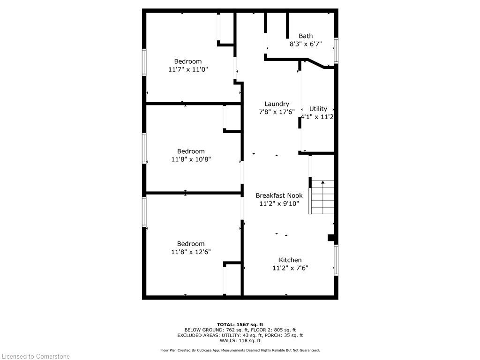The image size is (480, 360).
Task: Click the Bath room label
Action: (x=306, y=36)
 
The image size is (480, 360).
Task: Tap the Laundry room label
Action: (x=277, y=104)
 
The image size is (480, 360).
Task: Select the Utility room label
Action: (x=318, y=109)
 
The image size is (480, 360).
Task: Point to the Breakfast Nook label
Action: (x=279, y=195)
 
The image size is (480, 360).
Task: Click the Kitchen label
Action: (x=290, y=260)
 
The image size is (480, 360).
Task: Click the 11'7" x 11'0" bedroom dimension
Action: (x=188, y=69)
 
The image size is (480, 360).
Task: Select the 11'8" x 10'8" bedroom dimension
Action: (x=191, y=159)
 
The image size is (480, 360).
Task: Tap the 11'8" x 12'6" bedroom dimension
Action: (x=191, y=252)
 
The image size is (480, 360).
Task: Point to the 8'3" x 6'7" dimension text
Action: (x=306, y=44)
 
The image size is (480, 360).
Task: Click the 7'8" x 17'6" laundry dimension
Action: (x=277, y=112)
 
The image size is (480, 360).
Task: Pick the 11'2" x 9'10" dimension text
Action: (x=279, y=203)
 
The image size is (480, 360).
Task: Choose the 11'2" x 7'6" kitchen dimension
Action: (x=290, y=268)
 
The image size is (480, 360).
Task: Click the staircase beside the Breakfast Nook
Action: (x=322, y=197)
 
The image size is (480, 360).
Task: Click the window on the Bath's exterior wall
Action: (x=336, y=51)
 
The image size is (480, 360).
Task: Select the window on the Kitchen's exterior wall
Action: (x=336, y=260)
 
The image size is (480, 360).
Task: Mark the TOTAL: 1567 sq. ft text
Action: (x=240, y=324)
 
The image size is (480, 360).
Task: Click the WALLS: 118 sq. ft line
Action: (x=240, y=340)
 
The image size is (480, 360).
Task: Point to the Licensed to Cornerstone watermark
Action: (x=36, y=356)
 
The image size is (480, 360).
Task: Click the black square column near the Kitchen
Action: (x=331, y=238)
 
